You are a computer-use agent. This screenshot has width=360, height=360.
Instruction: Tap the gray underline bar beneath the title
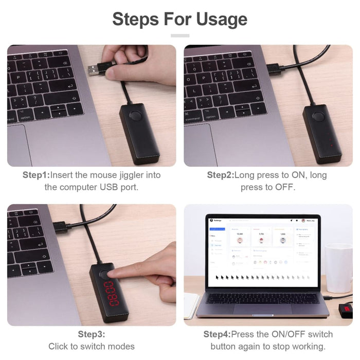[180, 35]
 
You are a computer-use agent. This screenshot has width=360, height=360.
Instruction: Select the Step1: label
[35, 175]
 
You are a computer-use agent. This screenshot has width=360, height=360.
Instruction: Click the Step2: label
[220, 175]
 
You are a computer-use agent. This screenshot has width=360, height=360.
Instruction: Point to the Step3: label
[92, 334]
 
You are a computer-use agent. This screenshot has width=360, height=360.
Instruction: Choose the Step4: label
[217, 334]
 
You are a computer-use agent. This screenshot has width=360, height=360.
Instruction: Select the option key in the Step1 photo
[26, 118]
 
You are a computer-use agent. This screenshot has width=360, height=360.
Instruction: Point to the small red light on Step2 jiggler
[332, 145]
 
